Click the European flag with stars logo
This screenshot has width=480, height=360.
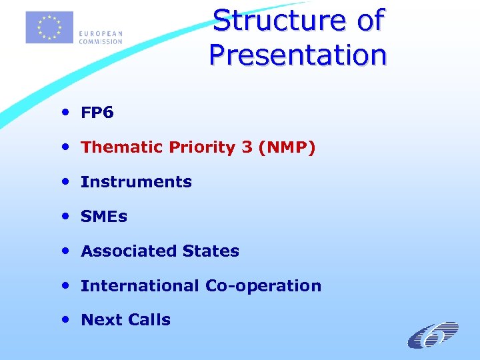tap(49, 27)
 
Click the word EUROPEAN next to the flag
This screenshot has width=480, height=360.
tap(100, 34)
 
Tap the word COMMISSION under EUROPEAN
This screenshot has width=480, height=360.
tap(101, 41)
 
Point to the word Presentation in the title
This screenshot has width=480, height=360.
tap(297, 54)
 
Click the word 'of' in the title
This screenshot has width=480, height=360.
tap(371, 20)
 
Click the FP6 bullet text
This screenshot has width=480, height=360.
tap(97, 113)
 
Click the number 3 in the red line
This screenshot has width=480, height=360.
tap(247, 147)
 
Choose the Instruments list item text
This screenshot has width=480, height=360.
tap(136, 182)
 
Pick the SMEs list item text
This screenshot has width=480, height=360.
tap(104, 217)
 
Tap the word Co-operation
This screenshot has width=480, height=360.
tap(263, 286)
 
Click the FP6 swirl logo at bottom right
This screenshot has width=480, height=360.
tap(433, 335)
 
